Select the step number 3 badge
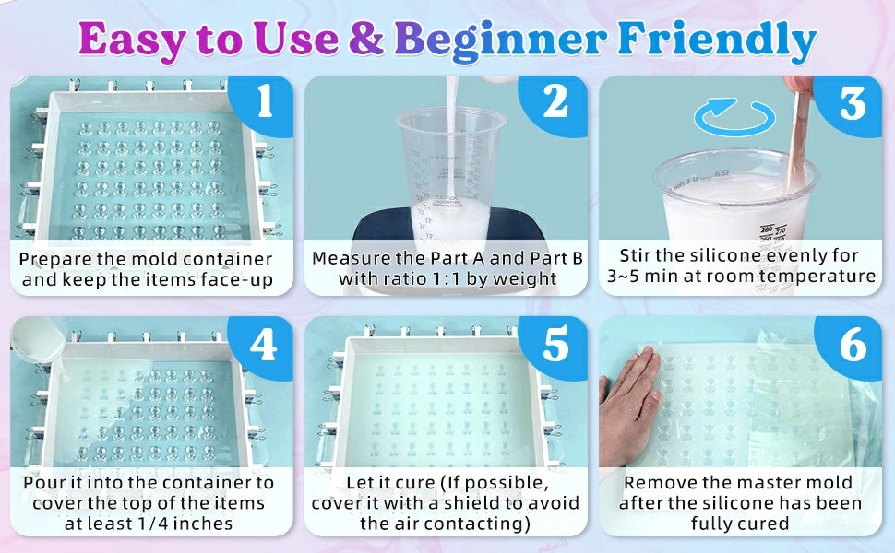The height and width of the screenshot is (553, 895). tap(852, 104)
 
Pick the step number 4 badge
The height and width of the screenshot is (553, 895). tap(264, 345)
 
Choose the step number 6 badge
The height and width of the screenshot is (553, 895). tap(852, 345)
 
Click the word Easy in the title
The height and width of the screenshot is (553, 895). tap(133, 40)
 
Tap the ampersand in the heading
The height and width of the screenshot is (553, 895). tap(365, 39)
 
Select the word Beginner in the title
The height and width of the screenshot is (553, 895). tap(500, 40)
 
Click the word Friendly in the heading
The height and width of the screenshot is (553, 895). tap(717, 40)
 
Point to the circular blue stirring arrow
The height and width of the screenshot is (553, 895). tap(735, 116)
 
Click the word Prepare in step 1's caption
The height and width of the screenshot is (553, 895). tap(54, 260)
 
